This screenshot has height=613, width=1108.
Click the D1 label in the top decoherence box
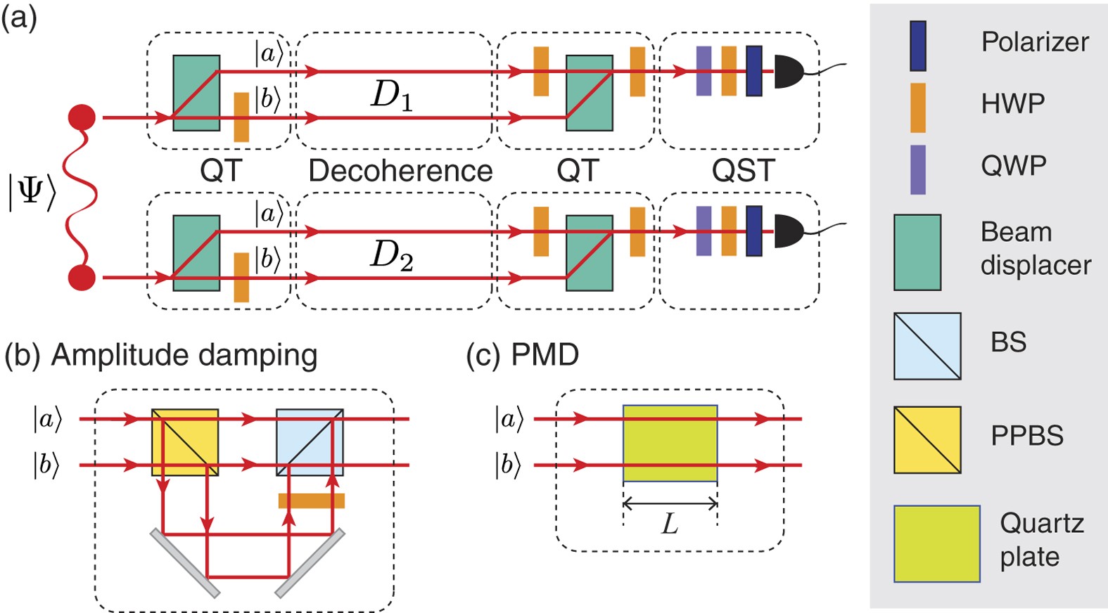pos(391,95)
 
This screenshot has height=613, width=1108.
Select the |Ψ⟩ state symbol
pos(32,191)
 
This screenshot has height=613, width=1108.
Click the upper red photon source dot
pos(82,117)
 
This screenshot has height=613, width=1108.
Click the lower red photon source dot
pos(82,278)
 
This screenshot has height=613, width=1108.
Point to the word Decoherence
pos(400,171)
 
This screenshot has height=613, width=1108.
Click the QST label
pos(743,171)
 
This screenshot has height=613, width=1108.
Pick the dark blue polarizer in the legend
pos(917,46)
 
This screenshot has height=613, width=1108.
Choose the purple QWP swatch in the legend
pos(917,169)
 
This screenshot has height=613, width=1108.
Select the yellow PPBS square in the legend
pos(927,439)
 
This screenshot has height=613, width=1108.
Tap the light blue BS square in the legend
pos(927,346)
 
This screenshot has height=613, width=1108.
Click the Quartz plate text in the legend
pos(1041,540)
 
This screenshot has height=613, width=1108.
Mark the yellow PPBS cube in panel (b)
pos(185,442)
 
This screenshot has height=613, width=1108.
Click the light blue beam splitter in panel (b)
pos(310,442)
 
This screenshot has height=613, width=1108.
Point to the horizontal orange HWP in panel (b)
pos(311,501)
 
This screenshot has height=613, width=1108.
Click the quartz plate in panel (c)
pos(670,443)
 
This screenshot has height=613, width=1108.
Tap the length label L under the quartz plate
pos(670,524)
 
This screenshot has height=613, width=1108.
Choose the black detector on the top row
pos(789,72)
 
